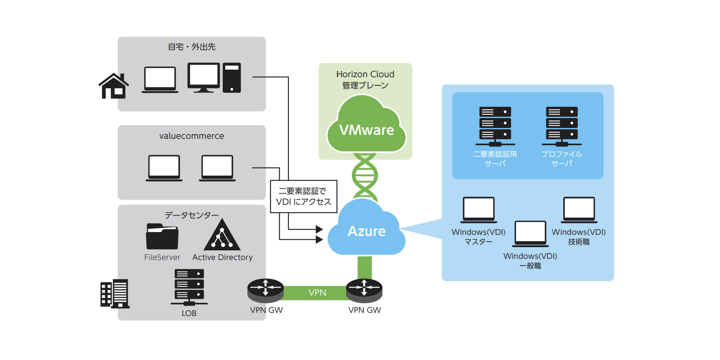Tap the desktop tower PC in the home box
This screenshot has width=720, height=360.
[232, 78]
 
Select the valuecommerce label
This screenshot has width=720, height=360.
[192, 136]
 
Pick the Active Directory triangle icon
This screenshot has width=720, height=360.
[222, 236]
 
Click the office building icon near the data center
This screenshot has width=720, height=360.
[114, 294]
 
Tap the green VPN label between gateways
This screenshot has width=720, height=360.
[317, 293]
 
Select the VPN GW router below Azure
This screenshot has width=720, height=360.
[364, 290]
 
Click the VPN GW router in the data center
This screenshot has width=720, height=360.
[265, 290]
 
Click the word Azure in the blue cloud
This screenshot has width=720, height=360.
[366, 231]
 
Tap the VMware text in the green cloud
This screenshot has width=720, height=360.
[366, 130]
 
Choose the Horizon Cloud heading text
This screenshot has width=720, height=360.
[365, 74]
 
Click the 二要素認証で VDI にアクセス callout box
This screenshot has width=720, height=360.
[304, 196]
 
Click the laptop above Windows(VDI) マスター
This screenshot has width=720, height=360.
[479, 210]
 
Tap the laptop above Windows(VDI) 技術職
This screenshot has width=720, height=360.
[579, 210]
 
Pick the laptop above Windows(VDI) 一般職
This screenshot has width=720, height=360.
[530, 234]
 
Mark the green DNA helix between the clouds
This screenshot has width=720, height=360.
[365, 176]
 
